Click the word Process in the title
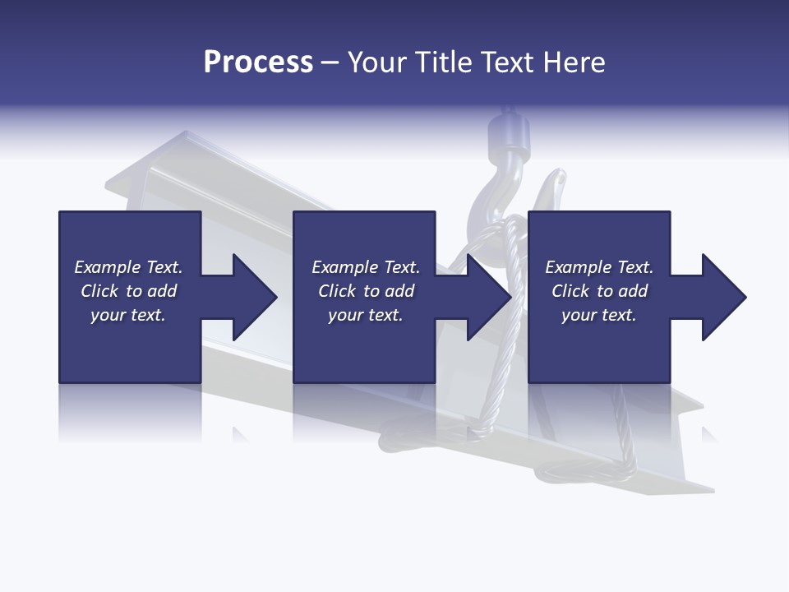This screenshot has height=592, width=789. pos(258,62)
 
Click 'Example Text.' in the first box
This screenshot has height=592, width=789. pos(128,267)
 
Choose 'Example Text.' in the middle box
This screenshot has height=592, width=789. pos(366,267)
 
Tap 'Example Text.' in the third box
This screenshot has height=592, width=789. pos(599,267)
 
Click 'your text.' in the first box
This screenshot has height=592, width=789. pos(128,315)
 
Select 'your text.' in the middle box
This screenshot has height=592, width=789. pos(366,315)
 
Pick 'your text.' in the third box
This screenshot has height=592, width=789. pos(599,315)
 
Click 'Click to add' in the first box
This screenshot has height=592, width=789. pos(128,291)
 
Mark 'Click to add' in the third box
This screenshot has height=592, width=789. pos(599,291)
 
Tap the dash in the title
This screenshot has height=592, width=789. pos(330,62)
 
